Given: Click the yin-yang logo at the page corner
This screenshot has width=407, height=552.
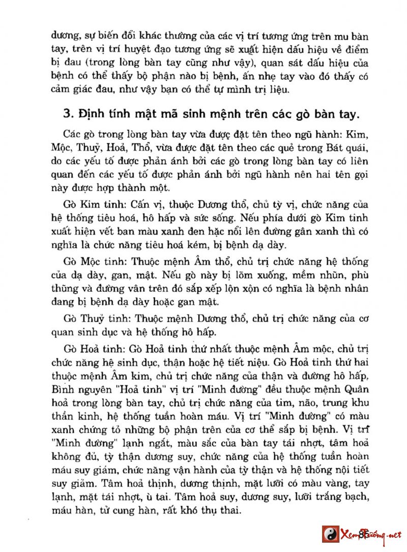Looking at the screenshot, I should [x=331, y=534].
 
